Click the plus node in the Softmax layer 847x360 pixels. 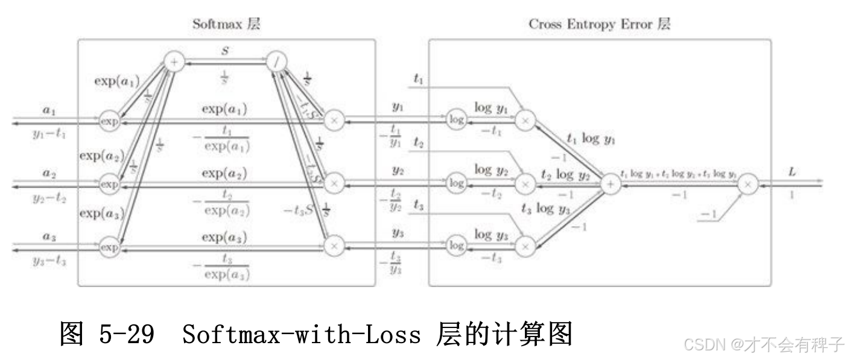[x=174, y=62]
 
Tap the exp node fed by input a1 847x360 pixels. [x=109, y=121]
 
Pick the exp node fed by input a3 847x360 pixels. [x=109, y=246]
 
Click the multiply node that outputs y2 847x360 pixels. [x=334, y=182]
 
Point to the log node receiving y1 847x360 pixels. [x=457, y=120]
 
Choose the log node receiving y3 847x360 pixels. [x=457, y=245]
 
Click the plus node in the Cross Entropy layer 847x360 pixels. [x=610, y=183]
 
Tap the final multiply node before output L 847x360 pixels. [x=748, y=183]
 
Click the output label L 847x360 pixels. [x=792, y=172]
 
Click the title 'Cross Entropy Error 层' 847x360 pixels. [x=599, y=24]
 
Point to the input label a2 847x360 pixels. [x=49, y=173]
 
